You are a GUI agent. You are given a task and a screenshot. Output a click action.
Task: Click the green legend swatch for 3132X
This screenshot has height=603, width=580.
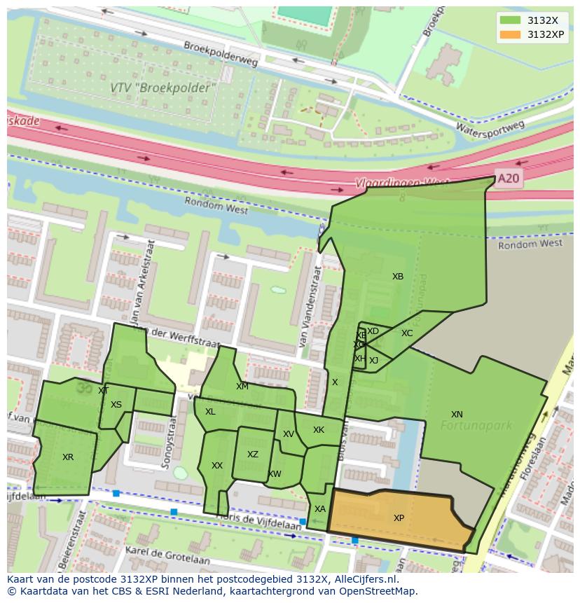(511, 20)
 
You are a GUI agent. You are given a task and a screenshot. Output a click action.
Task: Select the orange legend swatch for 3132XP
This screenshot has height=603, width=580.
(511, 34)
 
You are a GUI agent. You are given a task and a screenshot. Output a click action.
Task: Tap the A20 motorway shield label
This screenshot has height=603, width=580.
(508, 179)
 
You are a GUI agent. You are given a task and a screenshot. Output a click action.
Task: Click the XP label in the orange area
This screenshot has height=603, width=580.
(399, 518)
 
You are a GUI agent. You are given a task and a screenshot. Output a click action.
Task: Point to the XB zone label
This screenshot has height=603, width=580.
(398, 277)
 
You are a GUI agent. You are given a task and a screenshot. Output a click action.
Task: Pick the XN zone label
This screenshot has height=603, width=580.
(457, 415)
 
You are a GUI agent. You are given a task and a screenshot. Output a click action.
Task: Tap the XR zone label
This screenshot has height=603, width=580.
(68, 457)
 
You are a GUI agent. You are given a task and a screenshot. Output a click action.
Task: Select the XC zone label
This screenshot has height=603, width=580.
(407, 333)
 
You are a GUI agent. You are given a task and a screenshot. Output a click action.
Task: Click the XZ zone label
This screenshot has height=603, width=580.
(253, 455)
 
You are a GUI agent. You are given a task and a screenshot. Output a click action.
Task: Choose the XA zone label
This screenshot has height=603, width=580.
(320, 509)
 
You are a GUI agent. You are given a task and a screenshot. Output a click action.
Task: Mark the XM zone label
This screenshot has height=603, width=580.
(242, 387)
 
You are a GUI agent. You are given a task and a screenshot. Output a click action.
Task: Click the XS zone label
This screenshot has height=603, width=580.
(116, 405)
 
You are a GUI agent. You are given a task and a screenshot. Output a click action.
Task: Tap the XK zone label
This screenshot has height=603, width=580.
(319, 430)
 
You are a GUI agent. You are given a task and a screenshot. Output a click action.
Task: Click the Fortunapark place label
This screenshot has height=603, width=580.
(476, 425)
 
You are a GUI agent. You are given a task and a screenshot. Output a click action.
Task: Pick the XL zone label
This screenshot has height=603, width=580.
(210, 412)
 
